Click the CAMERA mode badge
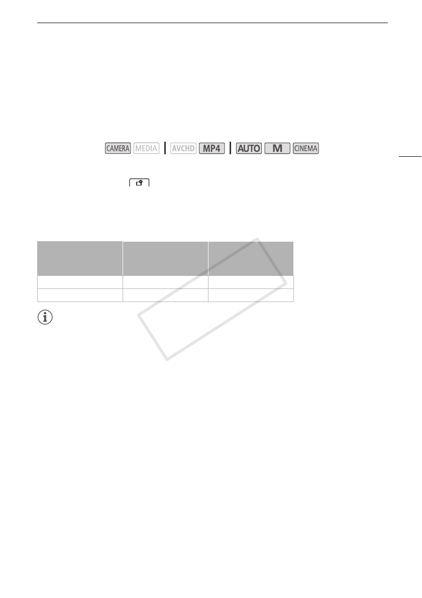(x=118, y=148)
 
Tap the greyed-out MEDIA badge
(x=146, y=148)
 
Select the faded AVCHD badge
(x=183, y=148)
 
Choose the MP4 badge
(x=212, y=148)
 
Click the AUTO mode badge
(x=249, y=148)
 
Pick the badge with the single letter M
(x=277, y=148)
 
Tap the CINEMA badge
(x=306, y=148)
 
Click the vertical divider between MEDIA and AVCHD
(x=165, y=148)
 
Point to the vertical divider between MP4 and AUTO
(x=231, y=148)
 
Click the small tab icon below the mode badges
(x=139, y=182)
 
